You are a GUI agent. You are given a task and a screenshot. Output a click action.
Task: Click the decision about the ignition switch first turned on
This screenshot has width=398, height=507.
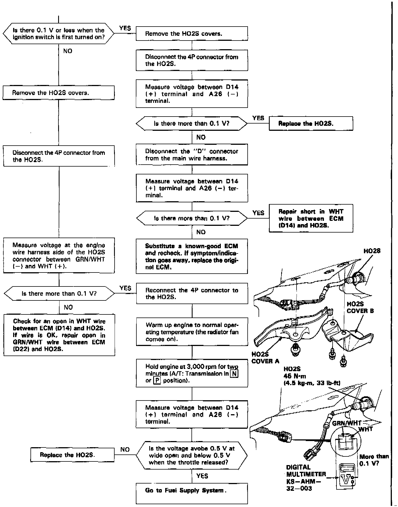58,34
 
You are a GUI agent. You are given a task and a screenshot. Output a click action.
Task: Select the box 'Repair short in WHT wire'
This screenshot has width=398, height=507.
311,219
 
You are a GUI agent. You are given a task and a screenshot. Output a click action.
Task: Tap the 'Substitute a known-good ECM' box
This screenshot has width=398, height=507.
192,256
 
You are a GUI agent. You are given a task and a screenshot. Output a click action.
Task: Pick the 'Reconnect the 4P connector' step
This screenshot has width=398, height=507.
192,293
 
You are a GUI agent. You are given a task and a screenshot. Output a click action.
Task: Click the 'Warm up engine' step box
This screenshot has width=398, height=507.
192,332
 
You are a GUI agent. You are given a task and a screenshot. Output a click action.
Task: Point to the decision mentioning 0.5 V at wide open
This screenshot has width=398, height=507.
192,455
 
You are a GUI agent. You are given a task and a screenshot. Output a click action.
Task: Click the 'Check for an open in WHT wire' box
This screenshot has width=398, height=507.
59,335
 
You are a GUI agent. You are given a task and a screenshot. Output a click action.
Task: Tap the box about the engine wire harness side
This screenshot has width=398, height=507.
59,255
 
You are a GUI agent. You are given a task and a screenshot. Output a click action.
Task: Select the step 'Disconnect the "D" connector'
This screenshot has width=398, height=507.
192,155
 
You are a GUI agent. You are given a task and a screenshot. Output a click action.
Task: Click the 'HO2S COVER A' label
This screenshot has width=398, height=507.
265,358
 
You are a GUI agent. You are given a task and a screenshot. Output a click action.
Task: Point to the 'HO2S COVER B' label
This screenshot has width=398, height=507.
360,307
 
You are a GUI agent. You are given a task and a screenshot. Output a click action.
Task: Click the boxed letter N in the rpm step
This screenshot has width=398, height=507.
234,374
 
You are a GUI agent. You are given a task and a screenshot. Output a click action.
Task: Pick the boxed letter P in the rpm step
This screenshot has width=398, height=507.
157,381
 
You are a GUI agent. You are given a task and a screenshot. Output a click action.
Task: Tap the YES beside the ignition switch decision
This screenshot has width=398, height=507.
125,28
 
